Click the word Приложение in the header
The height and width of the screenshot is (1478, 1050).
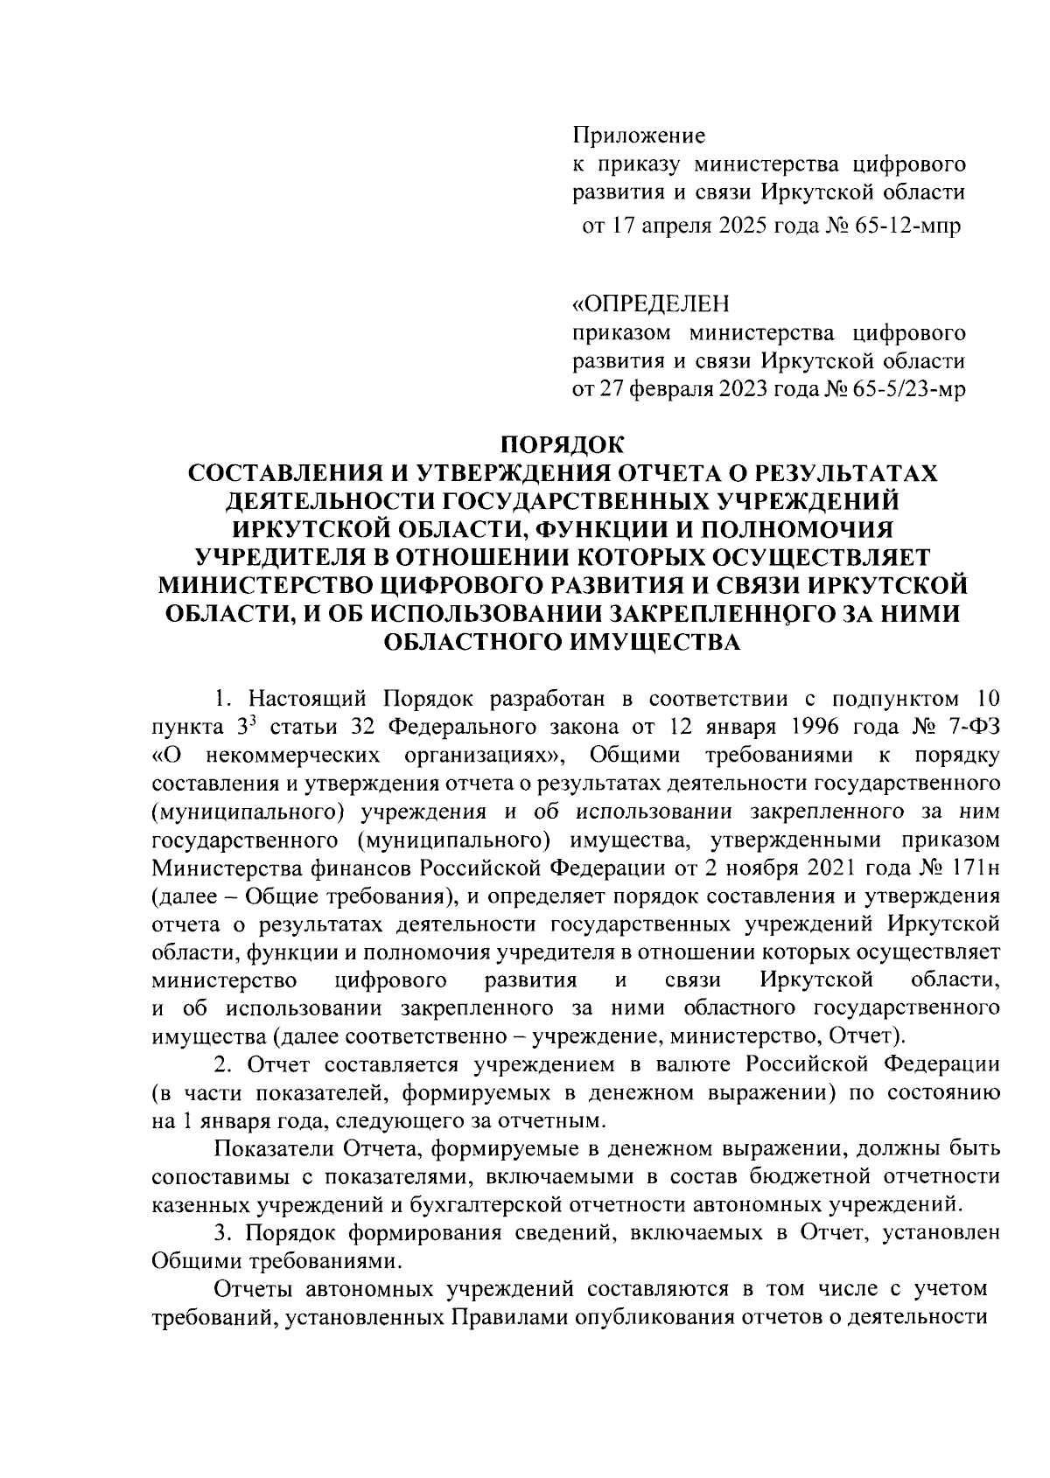[639, 136]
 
